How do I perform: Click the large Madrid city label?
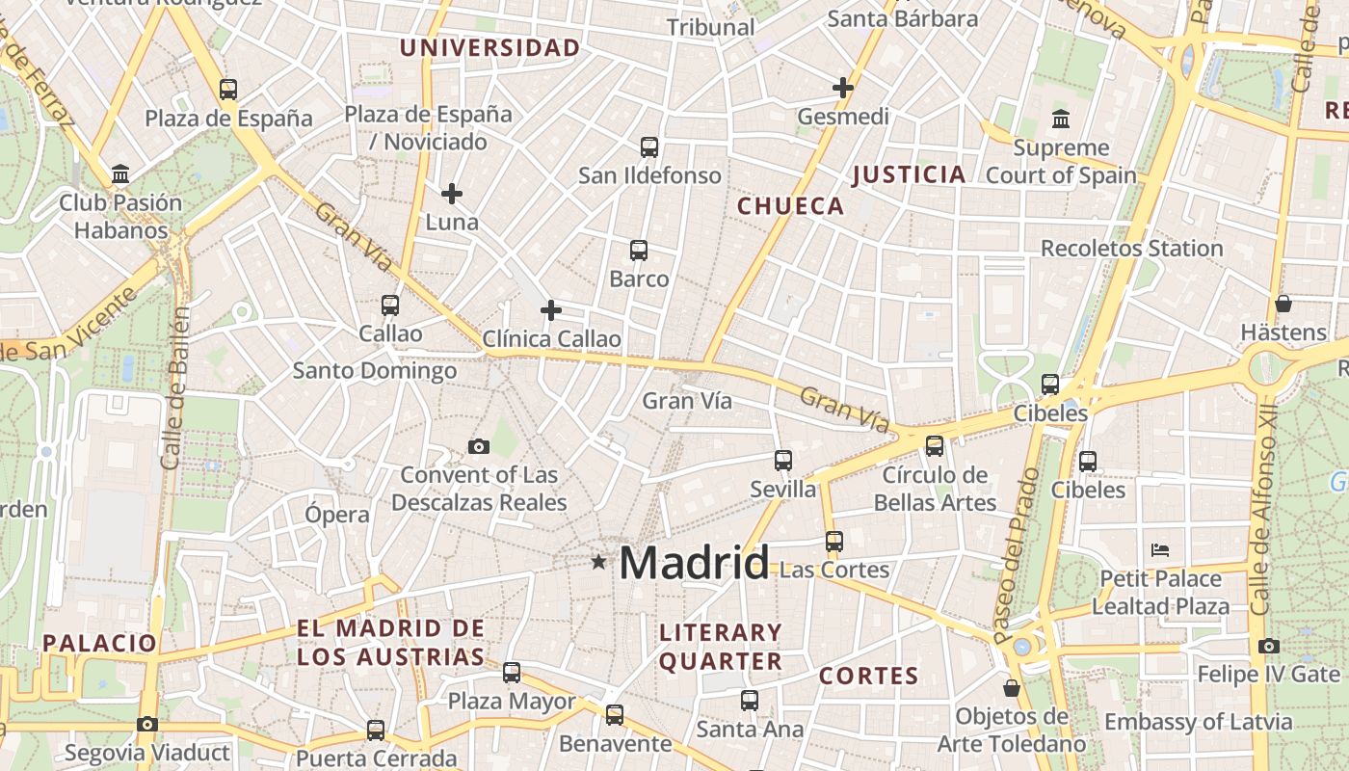click(x=694, y=562)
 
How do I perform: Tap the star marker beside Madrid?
click(x=599, y=561)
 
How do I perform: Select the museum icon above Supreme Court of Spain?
click(x=1061, y=120)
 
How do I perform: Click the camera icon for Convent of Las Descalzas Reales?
click(x=479, y=446)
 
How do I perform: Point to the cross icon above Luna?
click(x=452, y=195)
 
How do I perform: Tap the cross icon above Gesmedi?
click(x=843, y=88)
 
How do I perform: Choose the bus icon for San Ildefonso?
click(x=649, y=147)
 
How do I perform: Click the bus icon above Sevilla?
click(x=783, y=461)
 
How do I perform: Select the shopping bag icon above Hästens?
click(x=1283, y=304)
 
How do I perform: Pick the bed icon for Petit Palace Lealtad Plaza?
click(x=1160, y=550)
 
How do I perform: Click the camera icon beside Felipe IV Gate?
click(x=1269, y=646)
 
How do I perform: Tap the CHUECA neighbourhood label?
click(x=790, y=206)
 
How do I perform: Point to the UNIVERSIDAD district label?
click(x=490, y=48)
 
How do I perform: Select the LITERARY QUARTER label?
click(x=720, y=647)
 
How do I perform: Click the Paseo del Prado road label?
click(x=1016, y=556)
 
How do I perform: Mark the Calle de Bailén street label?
click(x=174, y=387)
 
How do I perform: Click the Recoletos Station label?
click(x=1131, y=249)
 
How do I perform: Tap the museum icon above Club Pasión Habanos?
click(x=120, y=174)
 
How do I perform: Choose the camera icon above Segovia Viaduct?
click(x=147, y=724)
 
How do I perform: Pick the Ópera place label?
click(x=337, y=514)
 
